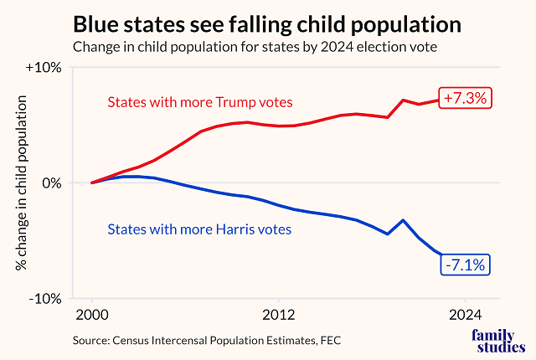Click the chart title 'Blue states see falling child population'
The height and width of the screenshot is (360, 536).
coord(266,23)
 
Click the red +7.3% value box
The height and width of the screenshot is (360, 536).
coord(465,98)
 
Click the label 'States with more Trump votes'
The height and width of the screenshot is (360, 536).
coord(199,102)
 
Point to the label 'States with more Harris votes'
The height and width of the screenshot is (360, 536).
coord(199,229)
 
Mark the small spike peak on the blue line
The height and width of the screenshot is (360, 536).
coord(404,220)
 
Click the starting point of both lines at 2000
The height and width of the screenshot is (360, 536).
coord(92,183)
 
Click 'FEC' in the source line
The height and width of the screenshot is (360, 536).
coord(330,340)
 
